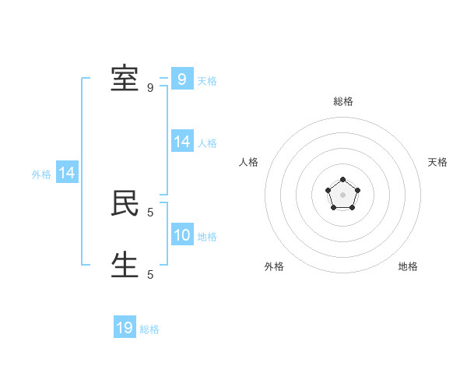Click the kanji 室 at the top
coord(125,79)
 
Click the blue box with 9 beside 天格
coord(182,79)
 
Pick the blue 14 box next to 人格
coord(182,141)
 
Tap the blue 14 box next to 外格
coord(67,173)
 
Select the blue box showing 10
coord(182,234)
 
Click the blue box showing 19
coord(125,328)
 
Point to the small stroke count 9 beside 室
coord(150,88)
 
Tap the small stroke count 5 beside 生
coord(150,274)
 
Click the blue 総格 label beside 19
coord(149,329)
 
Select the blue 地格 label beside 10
coord(207,237)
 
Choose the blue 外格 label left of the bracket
coord(41,174)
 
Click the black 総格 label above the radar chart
coord(343,101)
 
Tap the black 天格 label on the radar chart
coord(437,162)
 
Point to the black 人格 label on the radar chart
coord(249,162)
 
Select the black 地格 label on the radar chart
coord(408,266)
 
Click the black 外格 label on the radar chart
coord(274,266)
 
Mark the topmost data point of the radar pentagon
coord(342,180)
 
